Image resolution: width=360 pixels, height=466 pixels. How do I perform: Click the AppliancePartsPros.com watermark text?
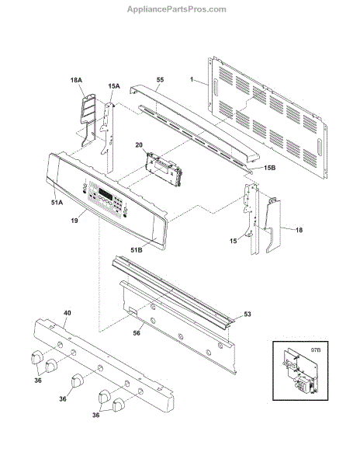tap(177, 9)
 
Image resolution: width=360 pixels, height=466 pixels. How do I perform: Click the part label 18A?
tap(76, 80)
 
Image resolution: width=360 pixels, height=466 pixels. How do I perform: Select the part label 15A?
tap(114, 86)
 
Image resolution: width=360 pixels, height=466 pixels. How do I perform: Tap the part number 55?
tap(161, 80)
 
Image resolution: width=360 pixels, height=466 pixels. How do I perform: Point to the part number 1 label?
tap(192, 79)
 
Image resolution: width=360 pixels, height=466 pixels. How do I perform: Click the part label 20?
tap(139, 145)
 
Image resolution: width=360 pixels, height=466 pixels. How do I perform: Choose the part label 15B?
tap(269, 168)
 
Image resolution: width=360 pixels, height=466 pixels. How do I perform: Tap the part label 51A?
tap(57, 203)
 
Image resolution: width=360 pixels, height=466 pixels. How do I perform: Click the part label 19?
tap(74, 221)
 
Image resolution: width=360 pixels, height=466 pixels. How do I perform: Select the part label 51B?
tap(137, 250)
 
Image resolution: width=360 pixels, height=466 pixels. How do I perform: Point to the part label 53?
tap(247, 314)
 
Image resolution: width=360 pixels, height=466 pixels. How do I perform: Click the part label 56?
tap(137, 333)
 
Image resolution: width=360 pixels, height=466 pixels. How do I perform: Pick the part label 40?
tap(67, 313)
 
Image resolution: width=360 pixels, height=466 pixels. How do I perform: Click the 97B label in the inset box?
tap(316, 350)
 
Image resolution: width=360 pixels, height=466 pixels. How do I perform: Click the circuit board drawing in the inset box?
tap(299, 371)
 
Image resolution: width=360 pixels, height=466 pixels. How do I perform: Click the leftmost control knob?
tap(36, 356)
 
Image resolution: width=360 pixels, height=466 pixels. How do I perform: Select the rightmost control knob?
tap(119, 405)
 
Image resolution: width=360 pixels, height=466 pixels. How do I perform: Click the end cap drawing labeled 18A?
tap(87, 119)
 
